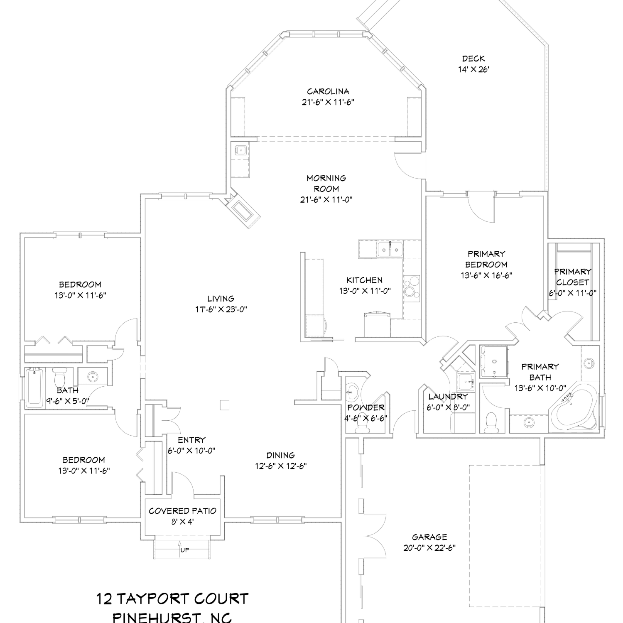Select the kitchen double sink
[x=390, y=250]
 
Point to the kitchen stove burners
[x=411, y=287]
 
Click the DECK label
[x=473, y=59]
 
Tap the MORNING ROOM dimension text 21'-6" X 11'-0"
[x=326, y=199]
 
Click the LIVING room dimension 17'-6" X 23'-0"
[x=221, y=309]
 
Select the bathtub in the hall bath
[x=34, y=388]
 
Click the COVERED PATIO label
[x=182, y=511]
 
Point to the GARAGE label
[x=429, y=537]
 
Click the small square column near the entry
[x=225, y=405]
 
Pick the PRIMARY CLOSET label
[x=573, y=277]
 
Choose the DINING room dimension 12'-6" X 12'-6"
[x=281, y=466]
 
